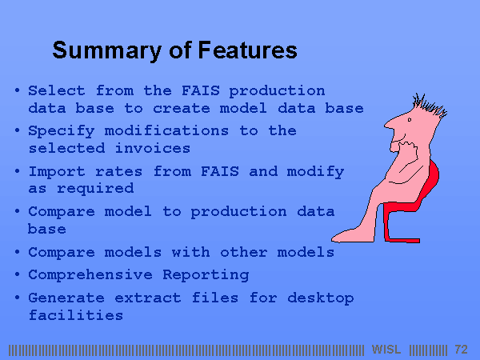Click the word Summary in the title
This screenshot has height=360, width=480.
(x=107, y=50)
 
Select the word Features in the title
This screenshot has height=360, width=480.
(x=248, y=50)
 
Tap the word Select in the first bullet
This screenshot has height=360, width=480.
(x=57, y=90)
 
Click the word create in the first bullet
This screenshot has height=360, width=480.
(x=182, y=108)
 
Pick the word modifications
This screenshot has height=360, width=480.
(x=166, y=130)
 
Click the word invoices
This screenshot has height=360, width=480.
(x=153, y=149)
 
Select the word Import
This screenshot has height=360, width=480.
(x=57, y=172)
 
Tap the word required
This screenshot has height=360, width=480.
(x=95, y=189)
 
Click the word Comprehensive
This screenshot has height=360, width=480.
(x=90, y=275)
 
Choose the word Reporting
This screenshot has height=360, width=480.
(x=206, y=275)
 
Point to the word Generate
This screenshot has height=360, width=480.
(x=66, y=298)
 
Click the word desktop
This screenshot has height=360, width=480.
(x=321, y=298)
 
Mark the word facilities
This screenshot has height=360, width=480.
(x=76, y=315)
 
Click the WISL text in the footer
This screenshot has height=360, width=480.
(x=386, y=350)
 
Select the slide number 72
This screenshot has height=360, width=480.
(x=462, y=350)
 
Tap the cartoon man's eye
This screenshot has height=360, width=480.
(x=410, y=120)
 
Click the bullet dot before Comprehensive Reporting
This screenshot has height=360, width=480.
(x=17, y=274)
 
